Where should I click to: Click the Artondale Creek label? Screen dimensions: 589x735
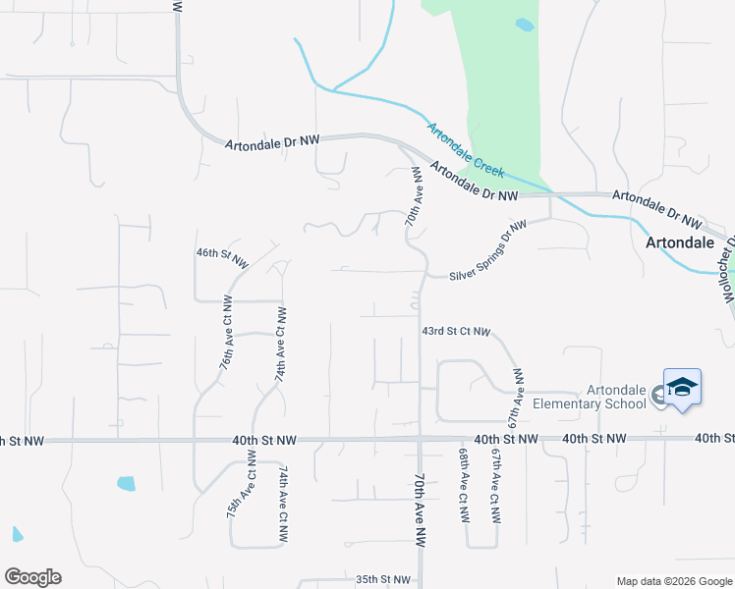point(465,150)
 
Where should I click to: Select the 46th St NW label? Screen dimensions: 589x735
point(222,257)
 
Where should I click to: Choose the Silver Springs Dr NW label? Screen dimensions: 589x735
point(488,250)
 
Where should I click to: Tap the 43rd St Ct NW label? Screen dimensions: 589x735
point(455,332)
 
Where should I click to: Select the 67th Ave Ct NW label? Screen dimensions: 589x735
point(496,486)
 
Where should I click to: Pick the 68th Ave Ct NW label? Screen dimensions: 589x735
point(461,486)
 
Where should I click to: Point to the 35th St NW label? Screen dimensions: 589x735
point(381,580)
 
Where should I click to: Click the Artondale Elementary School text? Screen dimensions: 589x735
point(589,396)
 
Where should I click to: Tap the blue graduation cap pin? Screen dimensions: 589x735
point(682,388)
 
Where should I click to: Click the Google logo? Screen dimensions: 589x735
point(32,577)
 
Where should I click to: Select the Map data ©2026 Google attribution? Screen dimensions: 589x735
point(673,581)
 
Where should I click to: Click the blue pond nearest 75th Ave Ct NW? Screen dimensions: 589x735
point(126,483)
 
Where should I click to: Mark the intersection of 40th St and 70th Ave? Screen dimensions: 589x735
point(421,440)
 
